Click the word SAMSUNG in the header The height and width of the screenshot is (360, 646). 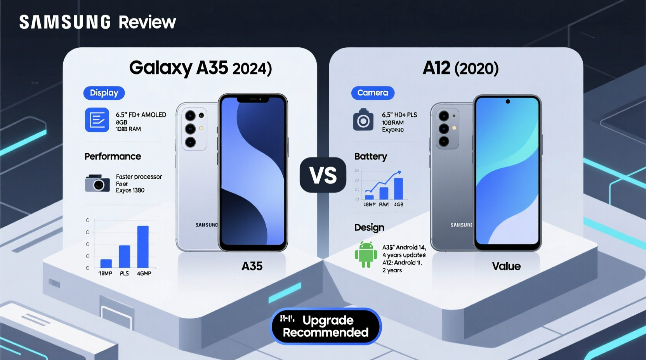coord(65,22)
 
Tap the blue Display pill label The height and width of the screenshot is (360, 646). coord(104,93)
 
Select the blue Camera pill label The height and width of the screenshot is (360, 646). coord(373,93)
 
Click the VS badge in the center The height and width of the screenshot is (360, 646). coord(323,175)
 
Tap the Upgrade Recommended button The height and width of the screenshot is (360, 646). coord(325,326)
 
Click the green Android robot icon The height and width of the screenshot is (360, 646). coord(366,254)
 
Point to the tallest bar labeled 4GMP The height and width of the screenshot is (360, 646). coord(143,246)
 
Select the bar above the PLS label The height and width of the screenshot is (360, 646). coord(124,256)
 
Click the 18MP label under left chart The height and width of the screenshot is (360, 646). coord(105,273)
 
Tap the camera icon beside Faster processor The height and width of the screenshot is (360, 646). coord(97,183)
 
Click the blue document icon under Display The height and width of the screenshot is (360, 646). coord(97,120)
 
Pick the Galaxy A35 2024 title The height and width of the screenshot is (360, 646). coord(200,68)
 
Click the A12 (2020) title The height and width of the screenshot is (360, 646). coord(460,68)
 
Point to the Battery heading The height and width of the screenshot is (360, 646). coord(370,156)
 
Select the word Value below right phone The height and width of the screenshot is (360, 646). coord(506,266)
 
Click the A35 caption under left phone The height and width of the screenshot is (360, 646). coord(252,266)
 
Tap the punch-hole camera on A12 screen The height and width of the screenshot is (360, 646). coord(507,102)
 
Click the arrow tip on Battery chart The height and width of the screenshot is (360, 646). coord(399,172)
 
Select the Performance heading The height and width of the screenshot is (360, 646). coord(113,156)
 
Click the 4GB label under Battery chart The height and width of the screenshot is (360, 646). coord(399,204)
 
